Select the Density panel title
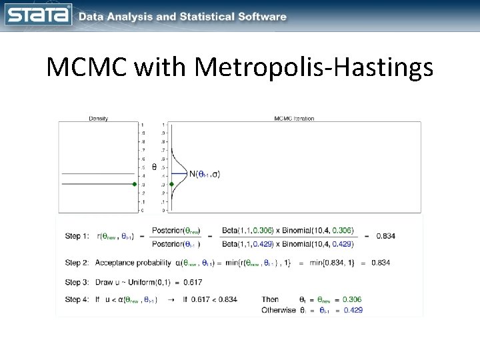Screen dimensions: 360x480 [99, 119]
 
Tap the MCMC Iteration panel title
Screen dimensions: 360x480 [294, 119]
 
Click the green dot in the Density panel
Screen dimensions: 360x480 [135, 184]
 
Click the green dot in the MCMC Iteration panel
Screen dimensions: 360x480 [171, 184]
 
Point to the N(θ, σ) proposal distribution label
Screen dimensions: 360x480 [204, 175]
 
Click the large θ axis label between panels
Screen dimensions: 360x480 [155, 167]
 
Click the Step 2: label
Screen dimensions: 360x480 [79, 263]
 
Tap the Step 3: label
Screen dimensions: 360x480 [79, 281]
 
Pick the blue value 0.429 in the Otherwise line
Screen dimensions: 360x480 [353, 310]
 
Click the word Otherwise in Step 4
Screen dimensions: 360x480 [279, 310]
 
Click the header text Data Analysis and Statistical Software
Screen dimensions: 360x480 [182, 16]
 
